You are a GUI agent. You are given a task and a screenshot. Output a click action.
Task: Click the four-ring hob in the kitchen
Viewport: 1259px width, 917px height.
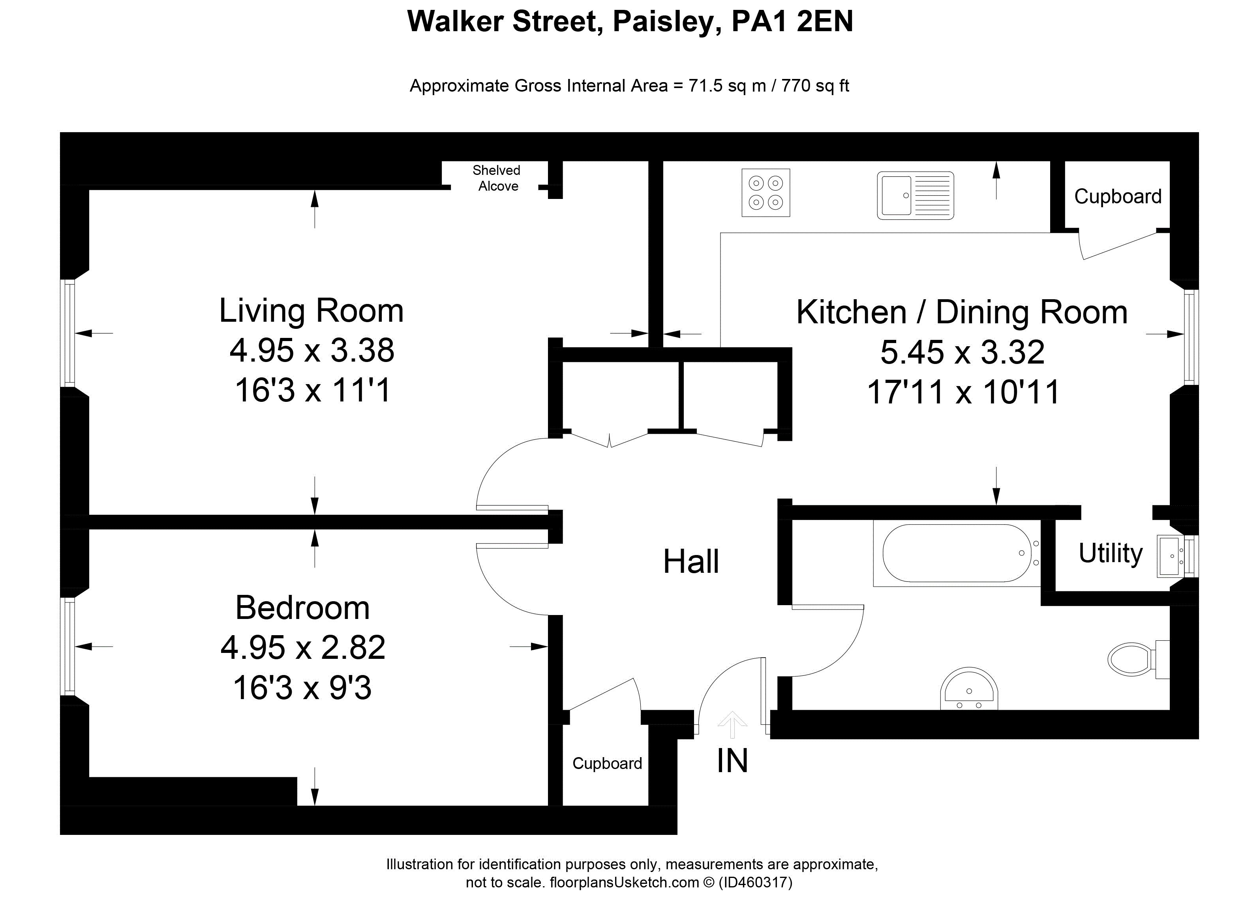(766, 193)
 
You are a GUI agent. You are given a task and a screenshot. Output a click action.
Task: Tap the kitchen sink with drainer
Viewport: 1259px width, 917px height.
(916, 195)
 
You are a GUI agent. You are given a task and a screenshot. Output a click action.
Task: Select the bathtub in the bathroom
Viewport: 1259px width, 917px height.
(957, 553)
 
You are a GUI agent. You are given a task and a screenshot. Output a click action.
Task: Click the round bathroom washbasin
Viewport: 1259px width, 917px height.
(969, 689)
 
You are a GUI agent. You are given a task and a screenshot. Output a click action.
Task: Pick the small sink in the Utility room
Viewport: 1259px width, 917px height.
(1171, 556)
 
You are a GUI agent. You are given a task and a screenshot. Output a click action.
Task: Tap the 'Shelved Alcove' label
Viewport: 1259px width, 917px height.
(497, 178)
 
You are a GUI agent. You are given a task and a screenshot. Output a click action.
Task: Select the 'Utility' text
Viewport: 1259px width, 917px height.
(1110, 553)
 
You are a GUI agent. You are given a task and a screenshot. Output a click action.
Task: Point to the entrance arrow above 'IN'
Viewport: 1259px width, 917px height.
(732, 725)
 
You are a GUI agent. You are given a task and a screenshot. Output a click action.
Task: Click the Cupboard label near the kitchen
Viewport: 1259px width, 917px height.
(1117, 197)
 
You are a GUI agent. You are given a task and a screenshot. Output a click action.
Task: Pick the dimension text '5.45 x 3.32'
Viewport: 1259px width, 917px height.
(962, 352)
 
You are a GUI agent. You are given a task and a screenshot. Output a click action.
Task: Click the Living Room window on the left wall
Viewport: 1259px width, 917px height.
(69, 333)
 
